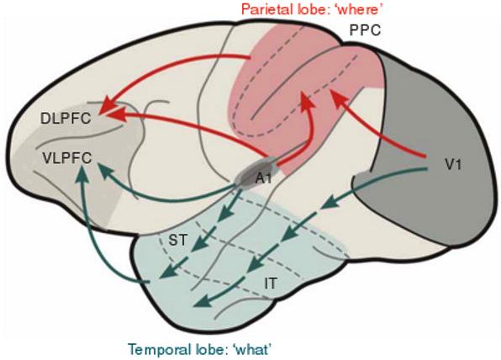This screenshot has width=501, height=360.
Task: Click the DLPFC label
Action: point(66,119)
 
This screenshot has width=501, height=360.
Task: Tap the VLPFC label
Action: point(66,158)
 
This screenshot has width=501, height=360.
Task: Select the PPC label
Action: point(365,30)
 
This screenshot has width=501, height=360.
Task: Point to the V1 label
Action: point(453,164)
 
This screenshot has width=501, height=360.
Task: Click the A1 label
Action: point(264,178)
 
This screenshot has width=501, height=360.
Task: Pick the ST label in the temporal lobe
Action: point(177,240)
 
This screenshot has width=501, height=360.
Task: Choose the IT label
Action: point(271,283)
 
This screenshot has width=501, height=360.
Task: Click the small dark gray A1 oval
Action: point(256,172)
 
